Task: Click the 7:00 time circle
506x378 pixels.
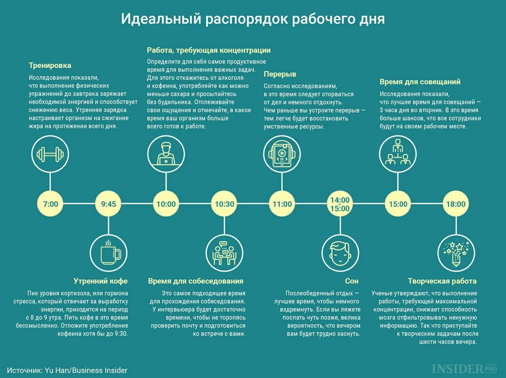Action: pos(50,204)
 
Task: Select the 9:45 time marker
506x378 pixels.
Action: pos(108,204)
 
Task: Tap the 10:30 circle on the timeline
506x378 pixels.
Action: pos(224,204)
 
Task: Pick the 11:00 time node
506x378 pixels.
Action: pos(282,204)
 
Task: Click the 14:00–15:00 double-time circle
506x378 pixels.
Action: pos(340,204)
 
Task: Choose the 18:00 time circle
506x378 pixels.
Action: pos(456,204)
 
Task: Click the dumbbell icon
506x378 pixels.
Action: pos(50,154)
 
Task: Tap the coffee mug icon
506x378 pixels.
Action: pos(108,253)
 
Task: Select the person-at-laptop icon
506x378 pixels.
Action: pos(166,154)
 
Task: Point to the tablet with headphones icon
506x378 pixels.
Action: pos(282,154)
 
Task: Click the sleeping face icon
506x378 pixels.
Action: pos(340,253)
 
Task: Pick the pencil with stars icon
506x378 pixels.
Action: pos(456,253)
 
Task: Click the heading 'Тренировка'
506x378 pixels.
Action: pos(50,66)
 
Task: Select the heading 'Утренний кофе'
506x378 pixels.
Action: pos(100,281)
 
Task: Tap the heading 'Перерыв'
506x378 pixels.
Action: pos(280,74)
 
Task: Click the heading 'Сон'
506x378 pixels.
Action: pos(351,281)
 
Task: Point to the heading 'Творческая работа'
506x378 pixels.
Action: pos(442,281)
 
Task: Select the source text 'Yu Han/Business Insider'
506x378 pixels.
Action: pos(86,370)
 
